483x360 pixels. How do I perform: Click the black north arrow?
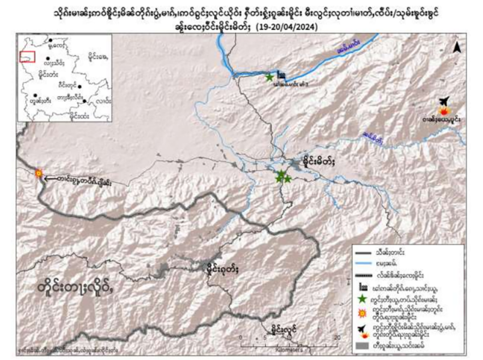456,47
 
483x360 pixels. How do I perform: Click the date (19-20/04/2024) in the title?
286,28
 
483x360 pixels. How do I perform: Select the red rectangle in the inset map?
27,57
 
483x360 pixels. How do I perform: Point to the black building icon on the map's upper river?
281,75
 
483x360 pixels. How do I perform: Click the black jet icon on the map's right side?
443,101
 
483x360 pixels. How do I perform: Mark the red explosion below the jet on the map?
444,111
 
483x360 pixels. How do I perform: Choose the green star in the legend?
363,299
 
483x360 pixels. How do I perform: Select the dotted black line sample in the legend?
363,275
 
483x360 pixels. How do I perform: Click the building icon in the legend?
363,286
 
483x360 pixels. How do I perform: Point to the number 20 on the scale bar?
336,338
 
